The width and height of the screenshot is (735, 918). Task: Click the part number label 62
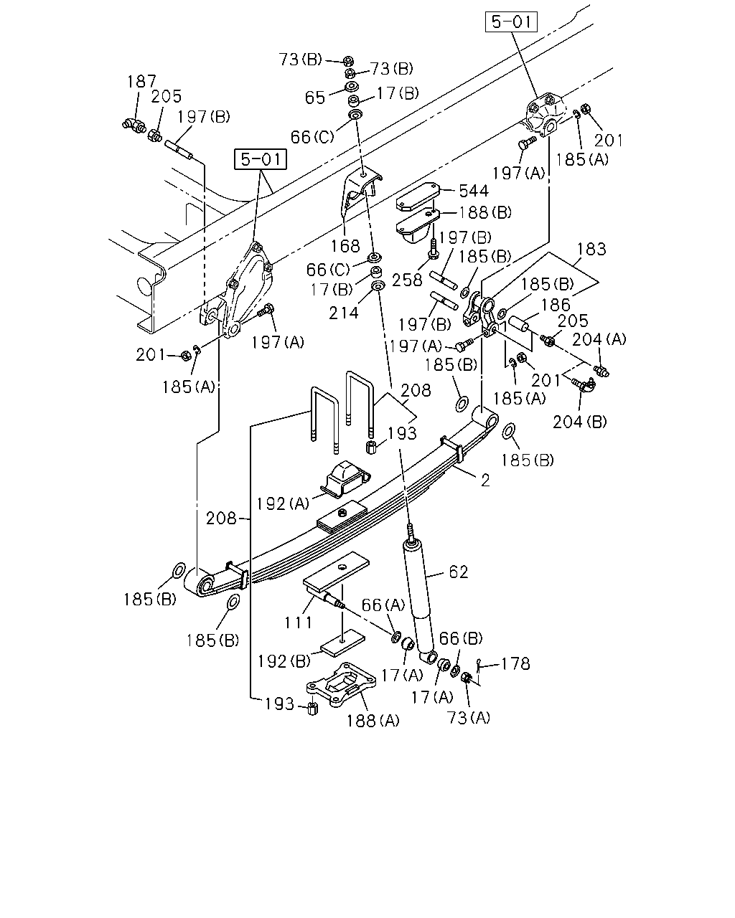click(x=458, y=572)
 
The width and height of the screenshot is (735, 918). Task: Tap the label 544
click(x=473, y=191)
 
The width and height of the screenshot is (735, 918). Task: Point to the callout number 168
click(x=345, y=246)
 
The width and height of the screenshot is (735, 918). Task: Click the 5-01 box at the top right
click(x=511, y=22)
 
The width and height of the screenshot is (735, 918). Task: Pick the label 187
click(x=142, y=81)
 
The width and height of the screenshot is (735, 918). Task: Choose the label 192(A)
click(x=282, y=503)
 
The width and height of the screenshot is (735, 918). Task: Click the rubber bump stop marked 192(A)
click(x=346, y=478)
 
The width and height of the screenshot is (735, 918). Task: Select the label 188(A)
click(x=373, y=721)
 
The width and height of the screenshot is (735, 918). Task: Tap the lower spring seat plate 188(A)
click(x=341, y=685)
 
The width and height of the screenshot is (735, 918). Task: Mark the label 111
click(x=298, y=623)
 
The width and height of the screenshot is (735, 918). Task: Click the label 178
click(x=515, y=664)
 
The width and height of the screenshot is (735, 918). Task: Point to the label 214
click(x=343, y=313)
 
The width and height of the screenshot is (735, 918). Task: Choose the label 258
click(x=407, y=280)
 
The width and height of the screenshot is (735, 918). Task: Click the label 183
click(x=591, y=249)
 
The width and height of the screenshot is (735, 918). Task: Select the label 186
click(x=556, y=305)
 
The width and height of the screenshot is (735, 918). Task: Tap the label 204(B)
click(x=579, y=422)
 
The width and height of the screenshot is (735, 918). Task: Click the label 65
click(x=315, y=98)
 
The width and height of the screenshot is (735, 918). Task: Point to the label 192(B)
click(x=284, y=661)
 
